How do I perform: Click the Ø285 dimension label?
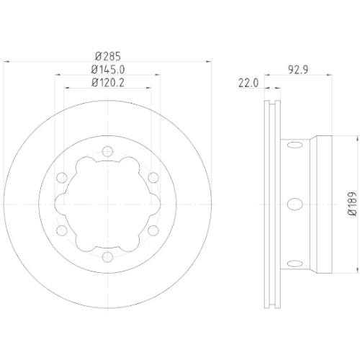pyautogui.click(x=107, y=55)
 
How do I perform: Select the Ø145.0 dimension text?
pyautogui.click(x=107, y=69)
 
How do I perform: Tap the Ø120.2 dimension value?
pyautogui.click(x=107, y=83)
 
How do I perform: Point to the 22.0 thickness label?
pyautogui.click(x=247, y=84)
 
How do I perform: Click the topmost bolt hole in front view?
pyautogui.click(x=107, y=152)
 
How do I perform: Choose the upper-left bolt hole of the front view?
pyautogui.click(x=63, y=178)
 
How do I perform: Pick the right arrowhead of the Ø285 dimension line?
pyautogui.click(x=208, y=62)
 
